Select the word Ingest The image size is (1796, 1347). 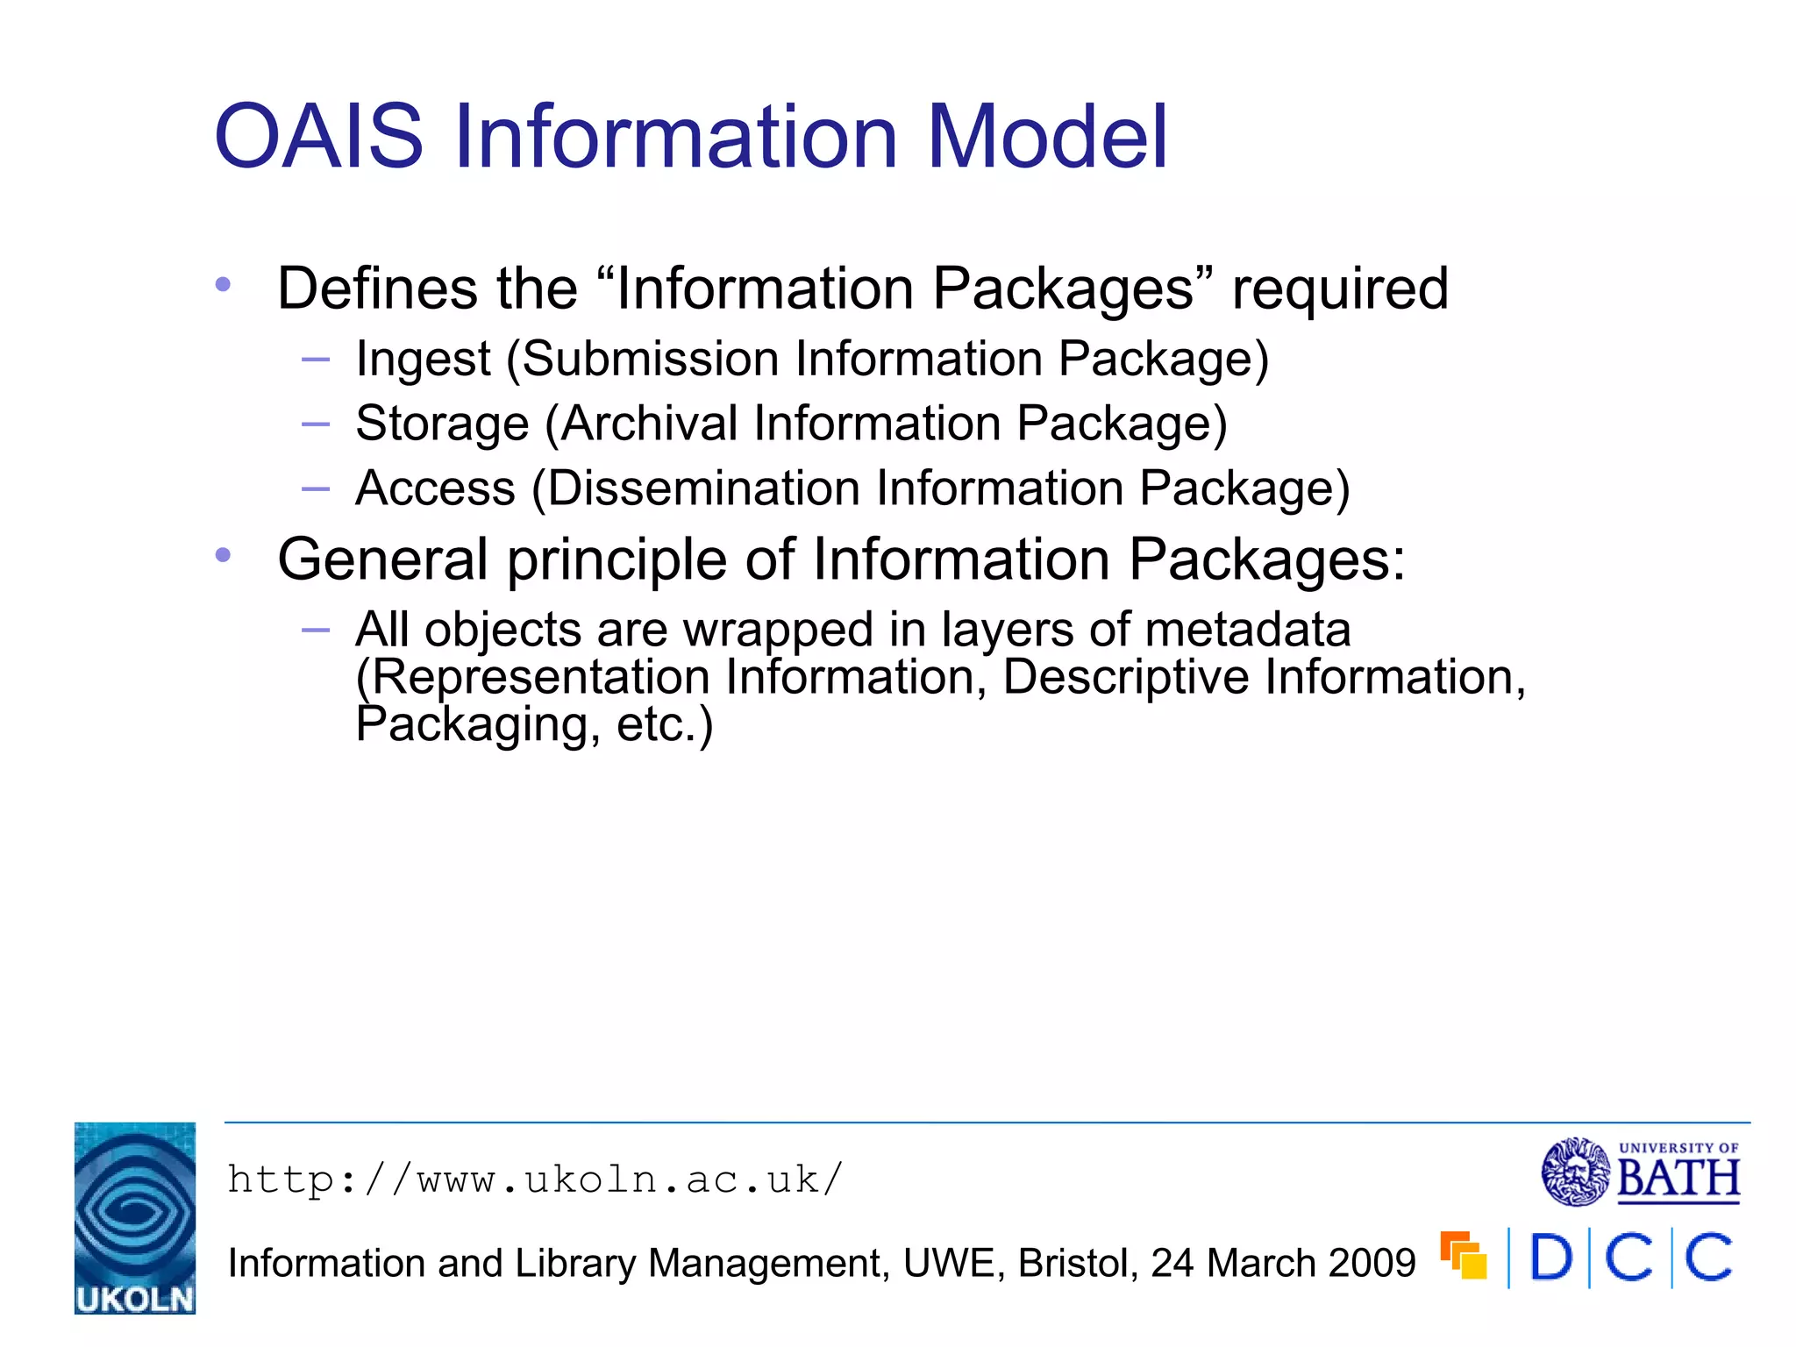(x=423, y=360)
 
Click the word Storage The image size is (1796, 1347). (x=442, y=424)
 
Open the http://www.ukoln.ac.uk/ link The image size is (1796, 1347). (x=535, y=1180)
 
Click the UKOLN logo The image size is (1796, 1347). (x=135, y=1217)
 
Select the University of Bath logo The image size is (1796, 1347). (x=1640, y=1172)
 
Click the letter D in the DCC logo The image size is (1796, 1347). (x=1550, y=1258)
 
